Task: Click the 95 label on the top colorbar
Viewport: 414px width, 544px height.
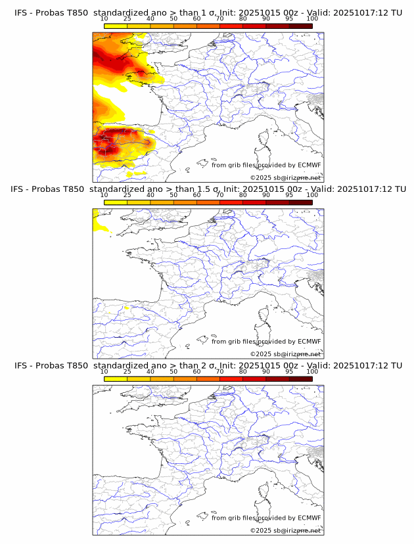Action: pyautogui.click(x=290, y=18)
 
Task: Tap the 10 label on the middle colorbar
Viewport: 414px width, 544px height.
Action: pyautogui.click(x=104, y=194)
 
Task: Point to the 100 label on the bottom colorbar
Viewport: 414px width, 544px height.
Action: pyautogui.click(x=312, y=371)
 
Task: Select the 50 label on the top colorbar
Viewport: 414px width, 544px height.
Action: pyautogui.click(x=173, y=18)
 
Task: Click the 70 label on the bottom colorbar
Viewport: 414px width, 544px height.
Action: pyautogui.click(x=219, y=371)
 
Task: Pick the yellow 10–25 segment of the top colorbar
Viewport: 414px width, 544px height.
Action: pyautogui.click(x=116, y=26)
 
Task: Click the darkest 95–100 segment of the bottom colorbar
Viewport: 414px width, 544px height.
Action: pyautogui.click(x=300, y=379)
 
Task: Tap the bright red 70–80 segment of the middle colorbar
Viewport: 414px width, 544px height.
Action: pyautogui.click(x=231, y=202)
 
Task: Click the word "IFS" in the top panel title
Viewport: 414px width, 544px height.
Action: pyautogui.click(x=21, y=12)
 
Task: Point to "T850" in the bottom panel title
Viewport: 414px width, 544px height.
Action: pyautogui.click(x=76, y=365)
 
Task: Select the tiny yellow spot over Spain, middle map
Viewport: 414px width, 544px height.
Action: pyautogui.click(x=127, y=306)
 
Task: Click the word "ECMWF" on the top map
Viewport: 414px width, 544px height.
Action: pyautogui.click(x=309, y=165)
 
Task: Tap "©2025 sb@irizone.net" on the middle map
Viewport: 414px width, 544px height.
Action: pyautogui.click(x=285, y=354)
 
